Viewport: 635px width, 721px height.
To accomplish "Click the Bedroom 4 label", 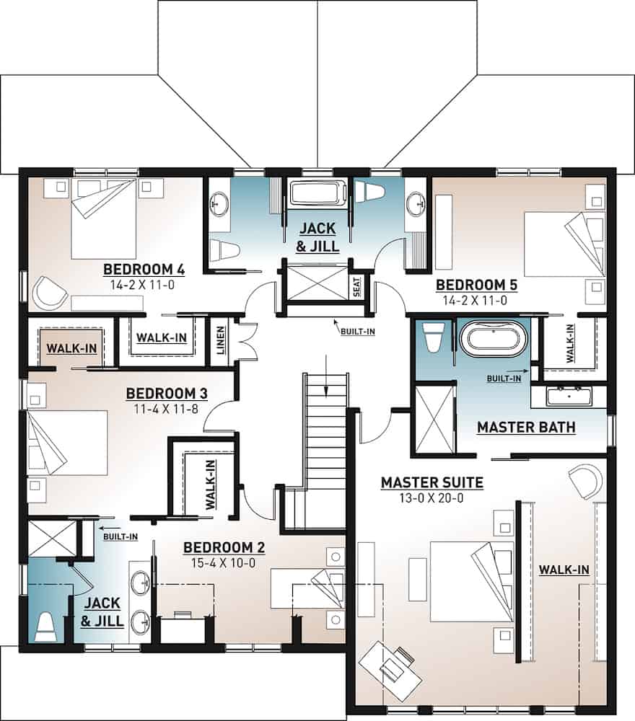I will (144, 270).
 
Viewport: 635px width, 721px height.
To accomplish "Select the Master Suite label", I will (432, 482).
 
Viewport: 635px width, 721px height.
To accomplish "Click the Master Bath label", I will (526, 428).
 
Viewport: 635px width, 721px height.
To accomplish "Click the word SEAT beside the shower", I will (356, 288).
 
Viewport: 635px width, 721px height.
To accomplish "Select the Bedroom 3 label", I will (167, 394).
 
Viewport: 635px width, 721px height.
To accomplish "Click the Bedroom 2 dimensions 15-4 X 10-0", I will (224, 563).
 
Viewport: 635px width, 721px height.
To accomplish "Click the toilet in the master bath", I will (433, 337).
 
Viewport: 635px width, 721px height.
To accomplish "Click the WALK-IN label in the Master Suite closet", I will (564, 570).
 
